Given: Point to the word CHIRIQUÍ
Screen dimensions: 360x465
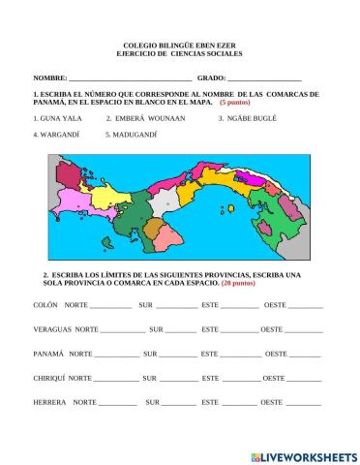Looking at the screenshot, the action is [50, 378].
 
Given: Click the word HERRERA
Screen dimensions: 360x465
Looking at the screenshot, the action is [49, 402].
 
